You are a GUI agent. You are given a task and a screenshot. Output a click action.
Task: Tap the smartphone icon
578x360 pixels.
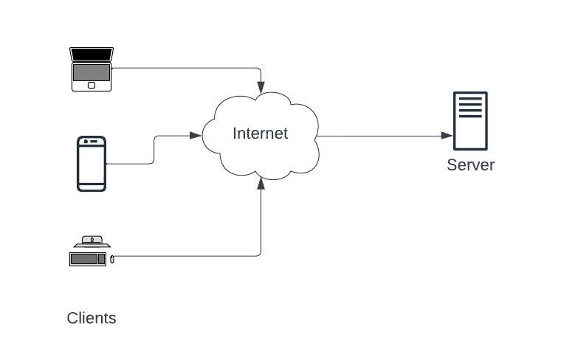coord(92,163)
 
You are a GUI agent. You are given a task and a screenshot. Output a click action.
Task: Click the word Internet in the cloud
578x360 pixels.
coord(260,134)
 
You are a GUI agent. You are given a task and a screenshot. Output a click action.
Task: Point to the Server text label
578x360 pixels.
coord(470,165)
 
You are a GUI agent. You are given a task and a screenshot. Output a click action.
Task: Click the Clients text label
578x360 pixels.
coord(92,318)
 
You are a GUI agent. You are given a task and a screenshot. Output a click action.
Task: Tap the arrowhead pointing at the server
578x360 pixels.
coord(447,136)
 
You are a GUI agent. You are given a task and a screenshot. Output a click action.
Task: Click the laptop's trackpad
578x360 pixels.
coord(92,85)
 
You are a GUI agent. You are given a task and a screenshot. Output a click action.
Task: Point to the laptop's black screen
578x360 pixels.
coord(92,55)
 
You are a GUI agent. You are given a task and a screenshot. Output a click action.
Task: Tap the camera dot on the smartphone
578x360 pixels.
coord(86,141)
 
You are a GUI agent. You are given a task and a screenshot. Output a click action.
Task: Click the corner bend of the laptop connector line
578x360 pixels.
coord(260,69)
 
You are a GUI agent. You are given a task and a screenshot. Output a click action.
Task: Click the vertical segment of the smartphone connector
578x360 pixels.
coord(154,149)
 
